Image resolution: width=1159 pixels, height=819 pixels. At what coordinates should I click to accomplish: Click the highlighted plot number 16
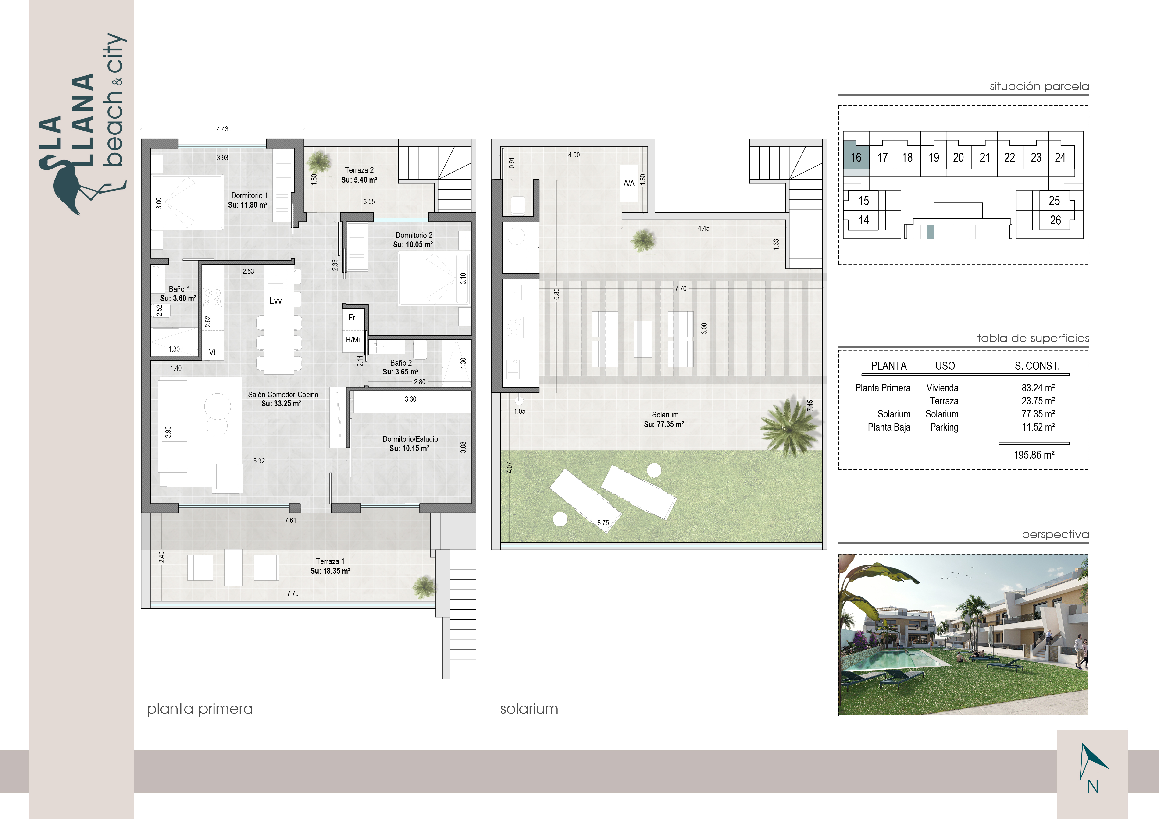(856, 157)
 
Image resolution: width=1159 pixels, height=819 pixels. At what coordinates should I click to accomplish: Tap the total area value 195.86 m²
(1034, 455)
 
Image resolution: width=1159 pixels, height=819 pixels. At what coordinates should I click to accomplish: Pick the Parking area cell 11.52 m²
(1038, 427)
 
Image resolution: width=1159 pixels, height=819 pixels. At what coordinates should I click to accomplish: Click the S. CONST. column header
(1037, 366)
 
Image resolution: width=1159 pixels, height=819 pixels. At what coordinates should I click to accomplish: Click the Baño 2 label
(401, 363)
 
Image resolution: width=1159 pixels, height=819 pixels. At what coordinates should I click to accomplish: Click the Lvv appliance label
(276, 300)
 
